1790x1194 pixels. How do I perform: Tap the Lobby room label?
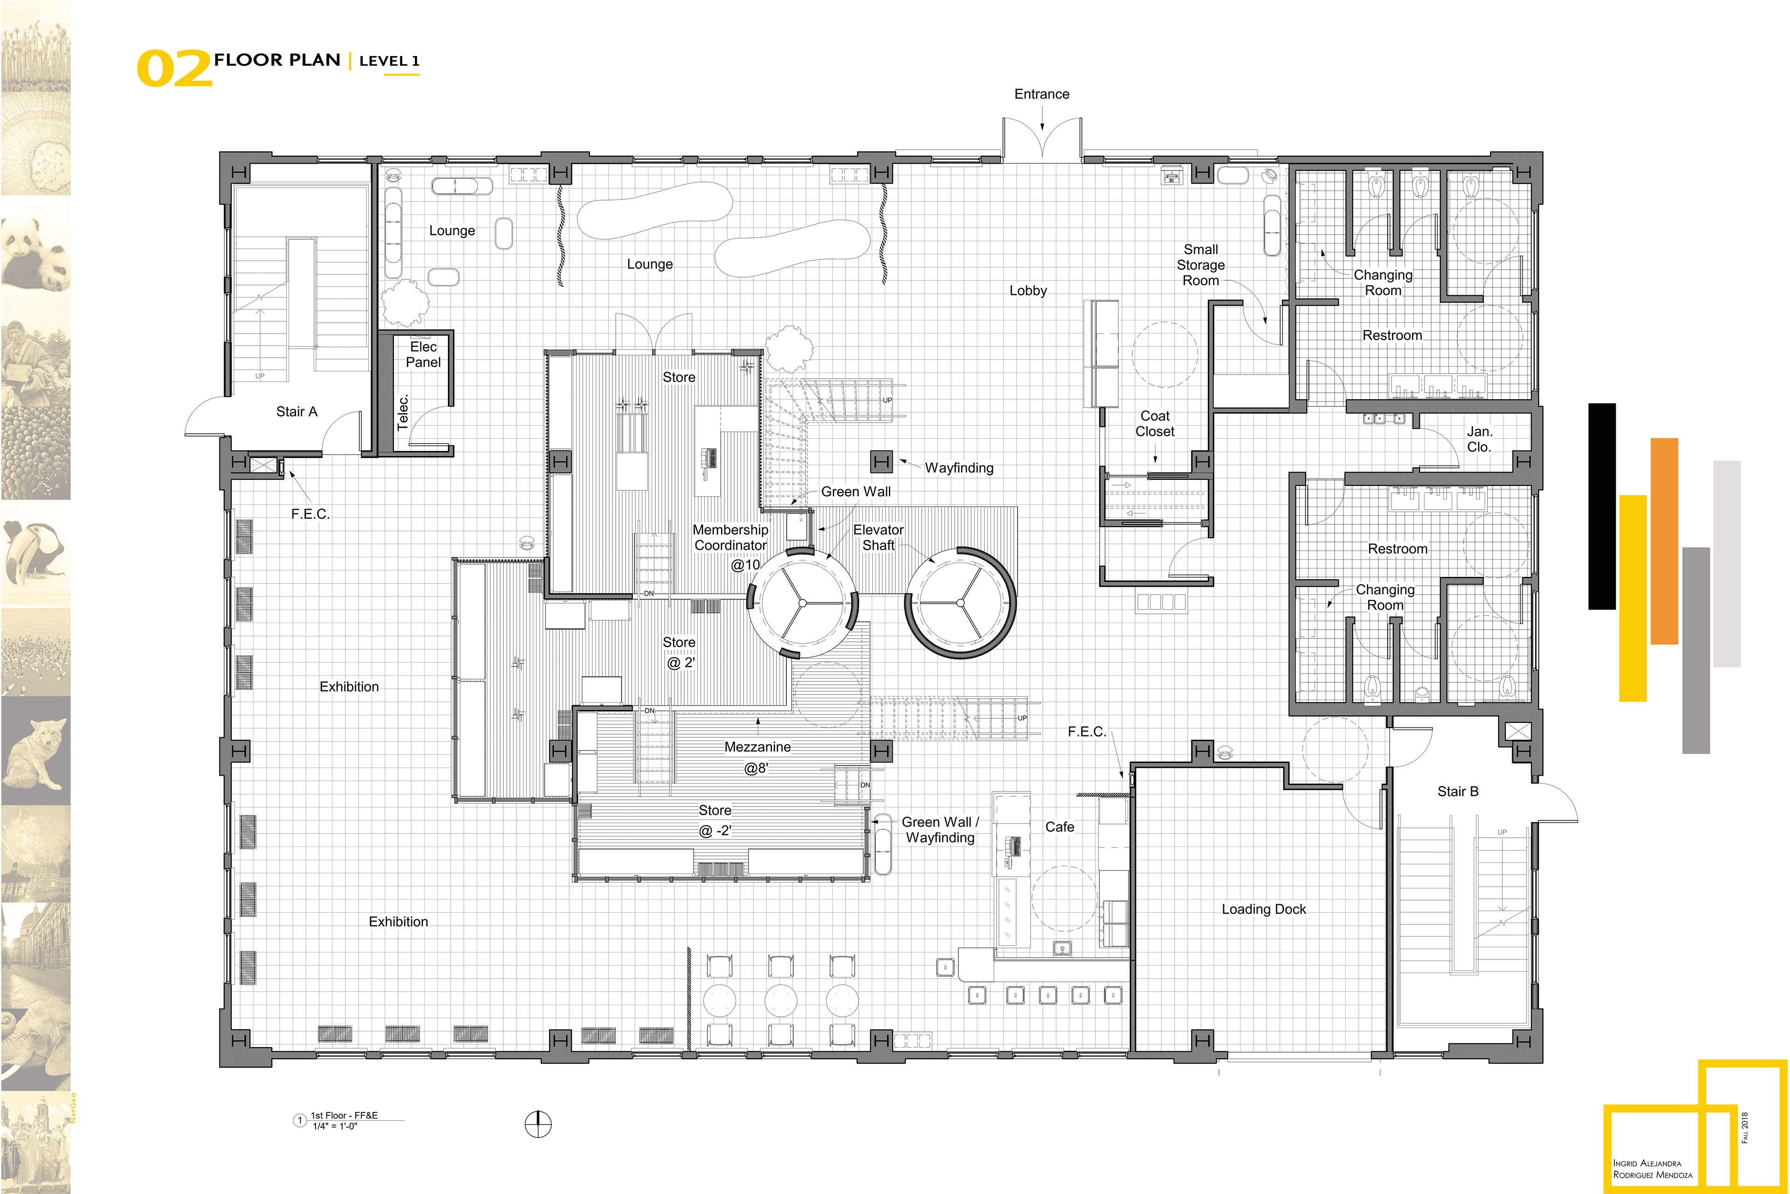pos(1028,291)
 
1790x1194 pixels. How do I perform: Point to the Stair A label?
pos(297,412)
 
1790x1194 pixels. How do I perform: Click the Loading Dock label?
pos(1263,909)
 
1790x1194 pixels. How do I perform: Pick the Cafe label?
pos(1060,827)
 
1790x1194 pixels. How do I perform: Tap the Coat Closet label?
pos(1155,424)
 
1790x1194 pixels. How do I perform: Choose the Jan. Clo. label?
pos(1480,439)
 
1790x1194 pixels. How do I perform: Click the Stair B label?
pos(1458,792)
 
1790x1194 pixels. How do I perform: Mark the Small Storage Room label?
pos(1200,265)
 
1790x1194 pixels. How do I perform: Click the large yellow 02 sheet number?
pos(174,69)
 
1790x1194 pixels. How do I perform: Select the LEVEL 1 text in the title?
pos(389,61)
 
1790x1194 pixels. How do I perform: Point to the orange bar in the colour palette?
pos(1665,541)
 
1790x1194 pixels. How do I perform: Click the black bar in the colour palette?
pos(1602,507)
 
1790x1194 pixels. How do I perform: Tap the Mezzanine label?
pos(757,748)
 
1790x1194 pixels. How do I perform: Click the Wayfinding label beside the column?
pos(959,468)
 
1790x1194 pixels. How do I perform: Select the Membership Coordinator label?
pos(730,538)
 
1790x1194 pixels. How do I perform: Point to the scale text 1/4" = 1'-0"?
pos(335,1126)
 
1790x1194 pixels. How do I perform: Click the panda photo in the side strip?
pos(36,255)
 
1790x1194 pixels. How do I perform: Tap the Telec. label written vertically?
pos(403,412)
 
